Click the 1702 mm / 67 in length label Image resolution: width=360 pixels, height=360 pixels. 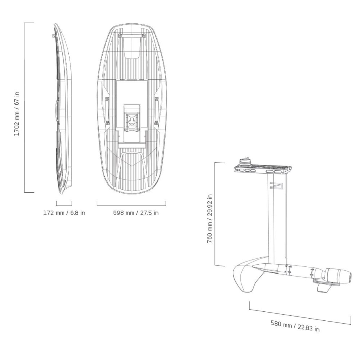click(x=17, y=114)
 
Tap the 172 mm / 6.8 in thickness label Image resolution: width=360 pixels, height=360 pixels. click(x=64, y=213)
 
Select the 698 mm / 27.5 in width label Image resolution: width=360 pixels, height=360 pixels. click(x=136, y=213)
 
